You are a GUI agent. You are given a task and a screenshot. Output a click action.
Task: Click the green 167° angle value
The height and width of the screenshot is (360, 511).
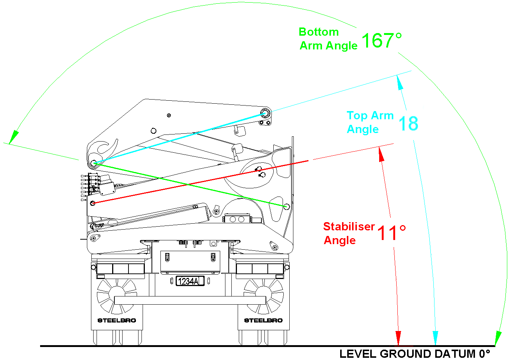[x=381, y=40]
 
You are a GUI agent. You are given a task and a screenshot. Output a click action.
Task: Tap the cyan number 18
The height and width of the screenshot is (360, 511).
[x=408, y=123]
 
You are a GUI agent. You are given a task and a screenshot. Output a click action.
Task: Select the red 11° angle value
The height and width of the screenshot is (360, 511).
[x=391, y=233]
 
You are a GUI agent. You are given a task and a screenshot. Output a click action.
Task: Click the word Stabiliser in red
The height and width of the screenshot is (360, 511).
[x=349, y=226]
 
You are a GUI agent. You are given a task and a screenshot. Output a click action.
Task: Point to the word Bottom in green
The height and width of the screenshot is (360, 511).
[x=319, y=32]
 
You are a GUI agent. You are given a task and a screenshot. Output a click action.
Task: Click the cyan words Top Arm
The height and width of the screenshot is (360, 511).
[x=370, y=116]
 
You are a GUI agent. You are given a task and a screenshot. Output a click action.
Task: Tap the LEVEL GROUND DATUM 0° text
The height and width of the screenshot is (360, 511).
[x=414, y=354]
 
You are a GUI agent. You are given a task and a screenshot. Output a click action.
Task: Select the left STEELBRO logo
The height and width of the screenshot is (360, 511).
[x=117, y=320]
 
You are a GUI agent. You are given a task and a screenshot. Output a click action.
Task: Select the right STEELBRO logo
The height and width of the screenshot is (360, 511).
[x=263, y=320]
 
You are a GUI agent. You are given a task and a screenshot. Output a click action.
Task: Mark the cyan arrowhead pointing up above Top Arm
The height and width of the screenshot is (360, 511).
[x=400, y=82]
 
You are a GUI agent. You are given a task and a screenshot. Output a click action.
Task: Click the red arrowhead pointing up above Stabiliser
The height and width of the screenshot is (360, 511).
[x=381, y=154]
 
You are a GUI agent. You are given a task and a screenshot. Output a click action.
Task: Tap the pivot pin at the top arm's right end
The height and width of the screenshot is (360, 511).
[x=265, y=113]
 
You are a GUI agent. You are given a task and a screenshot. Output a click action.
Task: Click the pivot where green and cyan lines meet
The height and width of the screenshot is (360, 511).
[x=94, y=163]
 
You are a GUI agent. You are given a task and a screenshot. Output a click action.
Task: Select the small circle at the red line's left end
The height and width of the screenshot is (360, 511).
[x=93, y=203]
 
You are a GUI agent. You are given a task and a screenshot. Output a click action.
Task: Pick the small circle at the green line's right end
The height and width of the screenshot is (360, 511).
[x=286, y=207]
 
